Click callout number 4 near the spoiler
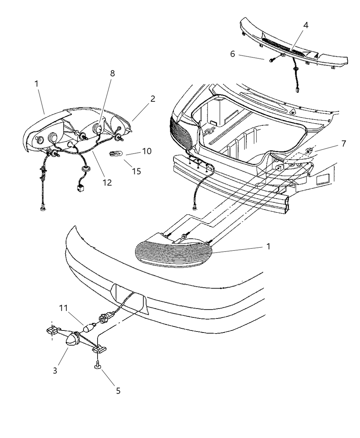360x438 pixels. point(305,25)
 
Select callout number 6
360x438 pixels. point(233,54)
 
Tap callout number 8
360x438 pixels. point(112,73)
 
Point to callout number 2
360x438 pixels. point(153,99)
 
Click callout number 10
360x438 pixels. point(147,151)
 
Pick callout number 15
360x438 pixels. point(137,171)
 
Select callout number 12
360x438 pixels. point(107,182)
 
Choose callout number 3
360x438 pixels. point(55,371)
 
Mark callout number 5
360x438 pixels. point(118,391)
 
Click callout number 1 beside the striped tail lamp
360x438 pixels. point(268,246)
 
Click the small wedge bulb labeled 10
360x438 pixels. point(114,154)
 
